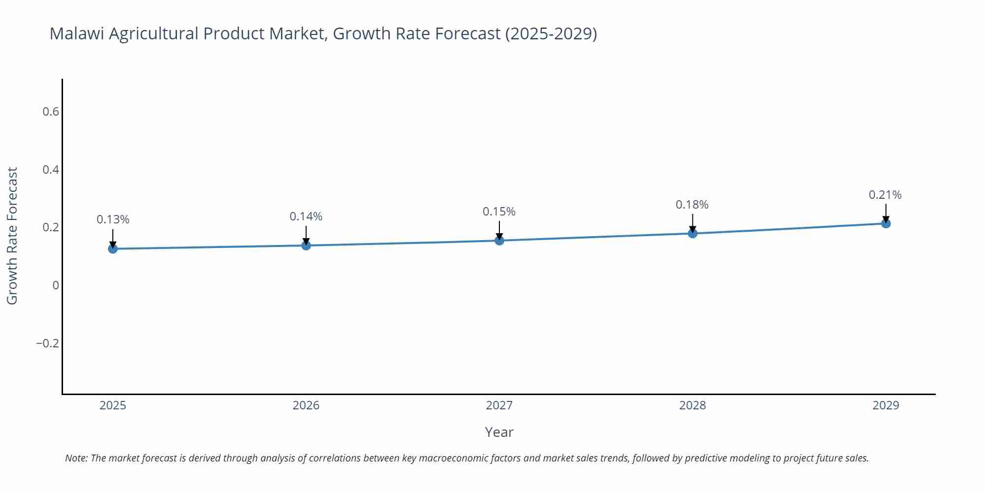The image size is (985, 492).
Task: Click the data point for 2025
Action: [113, 248]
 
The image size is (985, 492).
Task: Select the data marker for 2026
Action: [306, 245]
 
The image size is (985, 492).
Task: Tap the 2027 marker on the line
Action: [499, 240]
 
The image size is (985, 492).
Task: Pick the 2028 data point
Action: [692, 233]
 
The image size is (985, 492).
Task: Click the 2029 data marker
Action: [886, 223]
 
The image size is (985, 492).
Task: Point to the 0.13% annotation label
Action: [113, 219]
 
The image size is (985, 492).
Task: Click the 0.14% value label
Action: [306, 216]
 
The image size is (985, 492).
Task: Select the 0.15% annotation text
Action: [499, 212]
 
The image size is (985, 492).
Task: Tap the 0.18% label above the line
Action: [692, 205]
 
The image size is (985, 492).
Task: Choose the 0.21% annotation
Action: [885, 195]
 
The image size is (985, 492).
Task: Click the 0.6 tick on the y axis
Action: [51, 112]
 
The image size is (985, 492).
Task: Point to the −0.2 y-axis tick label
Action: [48, 343]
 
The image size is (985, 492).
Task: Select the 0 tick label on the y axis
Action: [56, 285]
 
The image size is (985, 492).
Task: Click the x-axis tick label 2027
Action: [499, 405]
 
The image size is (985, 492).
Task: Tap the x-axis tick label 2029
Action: [886, 405]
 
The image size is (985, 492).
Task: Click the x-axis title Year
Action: [499, 432]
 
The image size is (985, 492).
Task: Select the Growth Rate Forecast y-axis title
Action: [12, 236]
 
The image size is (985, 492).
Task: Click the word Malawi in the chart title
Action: [77, 33]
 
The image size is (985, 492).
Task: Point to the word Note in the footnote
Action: [76, 458]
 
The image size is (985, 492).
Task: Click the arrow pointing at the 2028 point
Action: [692, 222]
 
